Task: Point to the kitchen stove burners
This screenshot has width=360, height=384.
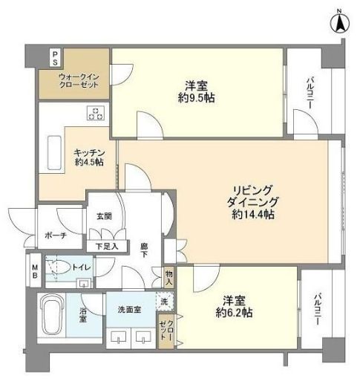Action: click(x=95, y=114)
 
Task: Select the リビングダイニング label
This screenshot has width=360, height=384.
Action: click(x=252, y=195)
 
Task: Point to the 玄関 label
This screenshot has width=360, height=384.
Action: click(x=104, y=216)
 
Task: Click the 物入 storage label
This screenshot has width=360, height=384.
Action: click(x=169, y=277)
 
